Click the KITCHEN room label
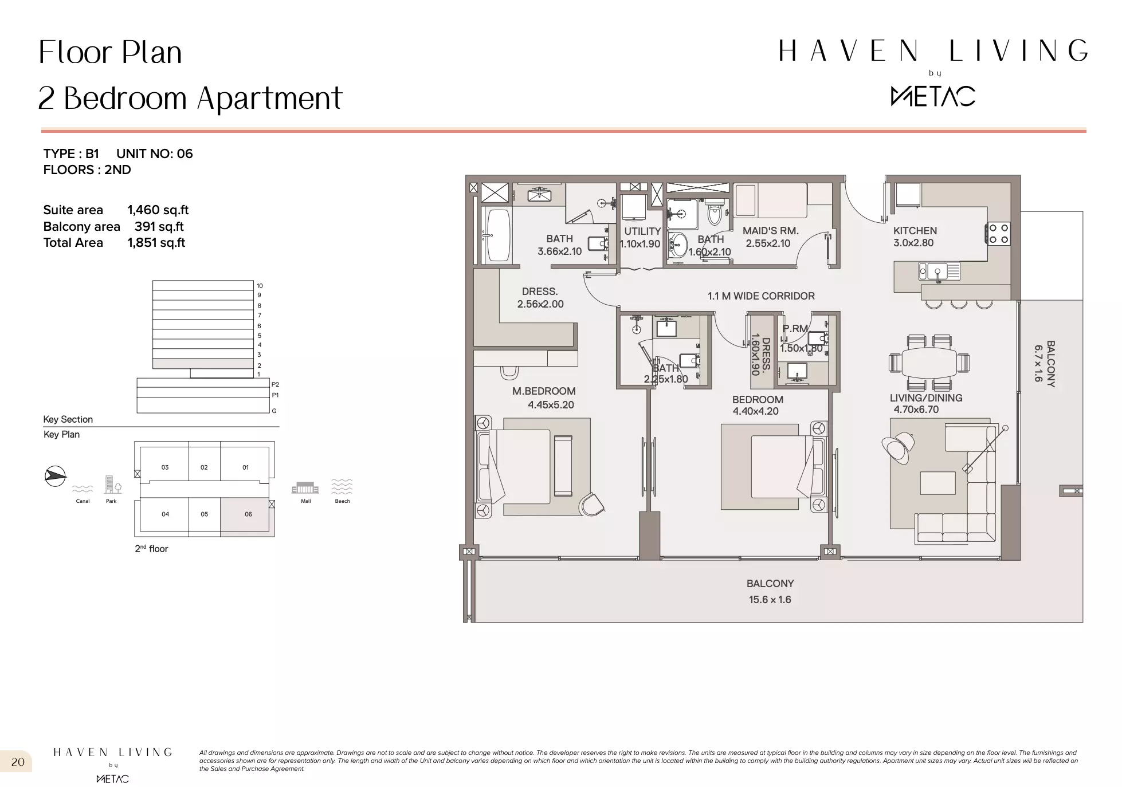[915, 231]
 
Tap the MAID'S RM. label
[770, 231]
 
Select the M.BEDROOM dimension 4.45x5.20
[551, 405]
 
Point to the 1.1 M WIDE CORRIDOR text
[761, 296]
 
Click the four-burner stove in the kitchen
[998, 234]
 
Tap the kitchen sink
[939, 271]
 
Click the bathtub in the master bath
[497, 235]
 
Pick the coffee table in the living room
[937, 483]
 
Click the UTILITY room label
[642, 231]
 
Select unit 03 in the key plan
[164, 467]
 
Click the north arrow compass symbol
[55, 476]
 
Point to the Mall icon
[305, 489]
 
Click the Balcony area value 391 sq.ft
[159, 227]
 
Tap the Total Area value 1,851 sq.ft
[156, 243]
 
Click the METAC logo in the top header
[933, 96]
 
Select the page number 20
[18, 762]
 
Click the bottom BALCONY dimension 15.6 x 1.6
[770, 600]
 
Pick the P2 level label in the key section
[275, 384]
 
